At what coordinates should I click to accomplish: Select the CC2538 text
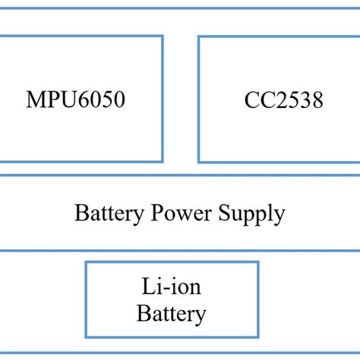pyautogui.click(x=283, y=99)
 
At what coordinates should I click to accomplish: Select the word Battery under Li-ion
pyautogui.click(x=172, y=313)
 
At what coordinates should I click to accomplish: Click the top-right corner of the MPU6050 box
pyautogui.click(x=162, y=36)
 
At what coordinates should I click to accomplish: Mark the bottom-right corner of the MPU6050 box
pyautogui.click(x=162, y=161)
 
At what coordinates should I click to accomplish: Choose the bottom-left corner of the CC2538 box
pyautogui.click(x=199, y=161)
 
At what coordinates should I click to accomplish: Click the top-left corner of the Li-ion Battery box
pyautogui.click(x=86, y=263)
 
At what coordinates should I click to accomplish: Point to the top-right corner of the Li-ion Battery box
pyautogui.click(x=258, y=263)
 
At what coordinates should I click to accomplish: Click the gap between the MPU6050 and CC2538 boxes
pyautogui.click(x=181, y=99)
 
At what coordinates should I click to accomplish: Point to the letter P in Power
pyautogui.click(x=162, y=213)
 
